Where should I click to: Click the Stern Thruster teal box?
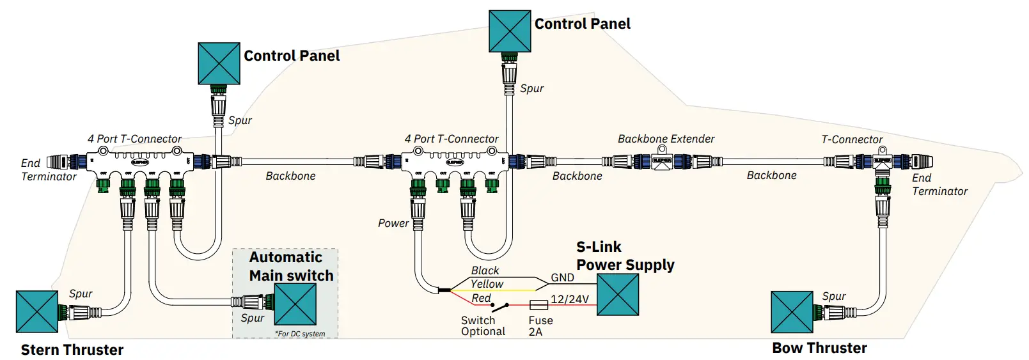[x=37, y=311]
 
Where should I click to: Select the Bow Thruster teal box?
[x=792, y=312]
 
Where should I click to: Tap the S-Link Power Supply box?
[x=617, y=295]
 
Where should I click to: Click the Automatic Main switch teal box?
[x=295, y=304]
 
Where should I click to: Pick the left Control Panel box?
[x=219, y=63]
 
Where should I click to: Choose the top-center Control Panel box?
[x=510, y=31]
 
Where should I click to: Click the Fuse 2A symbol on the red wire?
[x=538, y=305]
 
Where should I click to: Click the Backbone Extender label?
[x=666, y=139]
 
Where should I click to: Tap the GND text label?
[x=562, y=278]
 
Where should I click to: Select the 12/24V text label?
[x=569, y=299]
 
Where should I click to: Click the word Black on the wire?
[x=485, y=270]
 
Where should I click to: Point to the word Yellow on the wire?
[x=487, y=284]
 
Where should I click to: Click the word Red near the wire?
[x=481, y=298]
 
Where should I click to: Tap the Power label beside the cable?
[x=393, y=223]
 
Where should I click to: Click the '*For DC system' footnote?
[x=300, y=334]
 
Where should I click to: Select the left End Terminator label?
[x=48, y=169]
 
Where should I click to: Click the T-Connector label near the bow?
[x=852, y=139]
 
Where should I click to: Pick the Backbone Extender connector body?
[x=662, y=160]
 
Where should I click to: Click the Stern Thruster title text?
[x=72, y=350]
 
